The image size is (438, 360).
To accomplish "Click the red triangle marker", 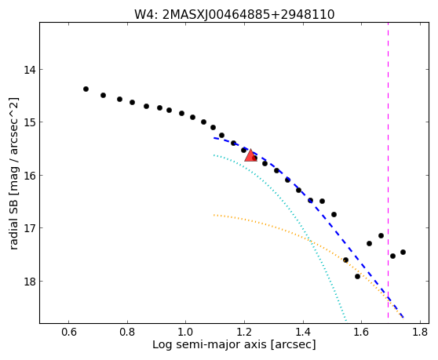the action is tap(250, 156).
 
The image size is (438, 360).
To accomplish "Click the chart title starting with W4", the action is tap(235, 14).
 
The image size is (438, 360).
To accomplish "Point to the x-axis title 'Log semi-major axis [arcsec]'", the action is tap(234, 344).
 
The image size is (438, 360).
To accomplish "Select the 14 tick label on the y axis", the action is tap(30, 70).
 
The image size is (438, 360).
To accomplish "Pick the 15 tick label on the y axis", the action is tap(30, 122).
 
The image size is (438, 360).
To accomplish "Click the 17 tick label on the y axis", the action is tap(30, 228).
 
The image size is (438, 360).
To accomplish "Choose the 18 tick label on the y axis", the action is tap(30, 281).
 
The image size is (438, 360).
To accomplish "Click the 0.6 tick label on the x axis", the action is tap(69, 332).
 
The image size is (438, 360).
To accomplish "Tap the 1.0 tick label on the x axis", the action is tap(185, 332).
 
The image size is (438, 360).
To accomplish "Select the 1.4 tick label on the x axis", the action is tap(303, 332).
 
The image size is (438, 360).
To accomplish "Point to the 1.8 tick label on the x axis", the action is tap(420, 332).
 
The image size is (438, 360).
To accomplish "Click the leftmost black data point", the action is tap(86, 89).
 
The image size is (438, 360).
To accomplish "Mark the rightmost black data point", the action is tap(403, 252).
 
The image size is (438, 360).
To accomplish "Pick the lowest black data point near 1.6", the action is tap(357, 276).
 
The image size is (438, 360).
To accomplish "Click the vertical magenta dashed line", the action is tap(388, 170).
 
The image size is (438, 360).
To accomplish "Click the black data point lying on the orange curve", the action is tap(345, 260).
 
